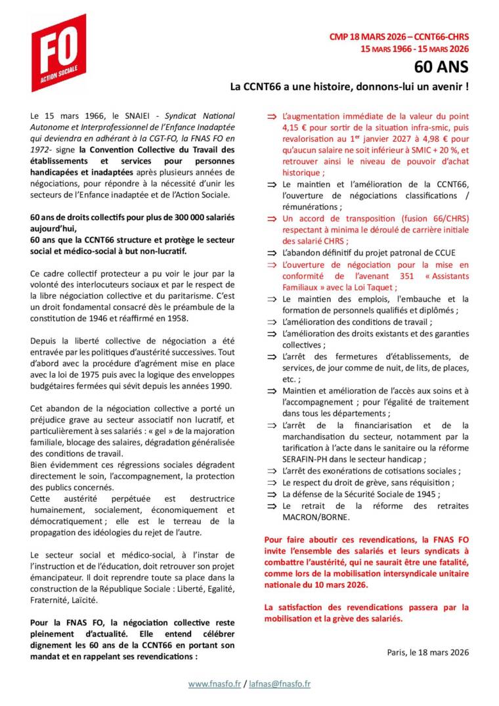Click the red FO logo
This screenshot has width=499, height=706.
(x=58, y=53)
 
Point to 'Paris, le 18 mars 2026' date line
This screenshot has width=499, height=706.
(x=428, y=651)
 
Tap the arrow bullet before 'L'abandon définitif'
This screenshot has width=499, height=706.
(x=270, y=252)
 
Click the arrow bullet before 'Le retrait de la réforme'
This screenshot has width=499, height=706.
(x=270, y=505)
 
